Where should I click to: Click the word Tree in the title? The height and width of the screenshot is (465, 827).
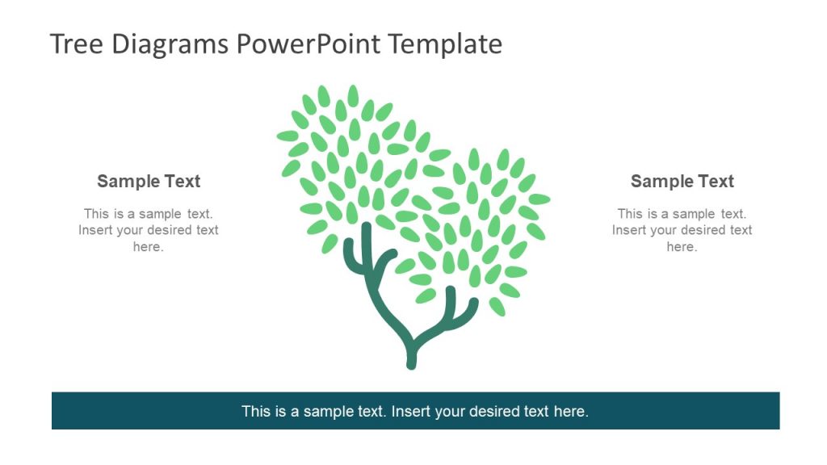click(x=78, y=44)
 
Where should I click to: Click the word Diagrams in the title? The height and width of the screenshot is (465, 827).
click(x=170, y=44)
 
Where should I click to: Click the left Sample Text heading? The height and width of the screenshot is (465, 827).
click(x=149, y=182)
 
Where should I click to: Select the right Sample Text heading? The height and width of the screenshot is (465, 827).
click(x=682, y=182)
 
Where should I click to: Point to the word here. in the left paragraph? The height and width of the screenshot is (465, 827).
click(x=149, y=247)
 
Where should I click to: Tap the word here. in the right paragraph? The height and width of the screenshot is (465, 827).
click(x=682, y=247)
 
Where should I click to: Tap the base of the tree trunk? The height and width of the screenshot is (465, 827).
click(x=411, y=363)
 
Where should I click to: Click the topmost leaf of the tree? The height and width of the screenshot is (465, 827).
click(x=353, y=94)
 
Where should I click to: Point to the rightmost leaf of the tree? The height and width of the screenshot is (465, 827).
click(x=539, y=199)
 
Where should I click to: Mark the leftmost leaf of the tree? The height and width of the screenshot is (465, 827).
click(x=288, y=136)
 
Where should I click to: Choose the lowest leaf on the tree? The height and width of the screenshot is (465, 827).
click(x=497, y=306)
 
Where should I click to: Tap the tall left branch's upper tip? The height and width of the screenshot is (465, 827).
click(x=365, y=227)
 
